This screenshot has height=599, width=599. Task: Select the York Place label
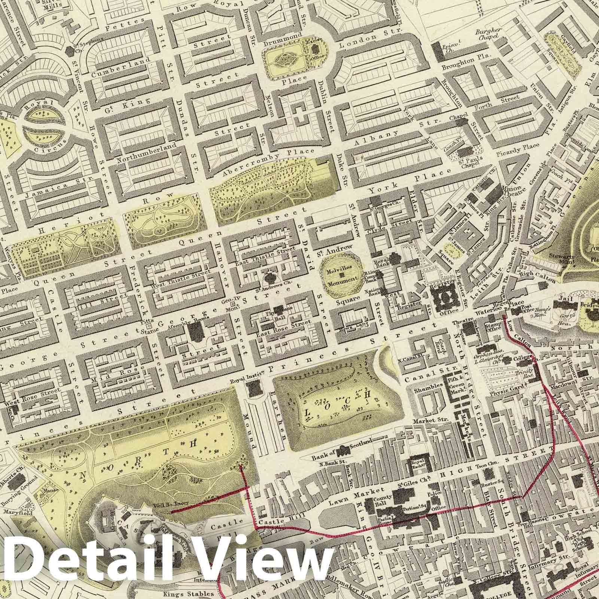click(x=410, y=182)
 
